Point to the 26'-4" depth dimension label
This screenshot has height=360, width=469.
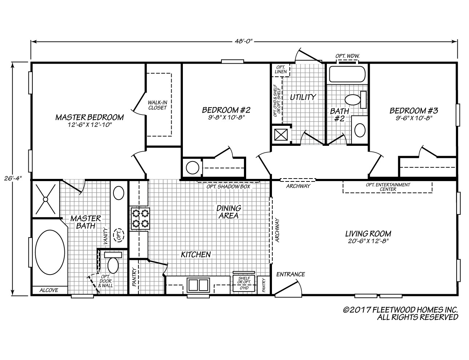coord(13,179)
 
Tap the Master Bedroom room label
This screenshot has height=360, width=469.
coord(89,117)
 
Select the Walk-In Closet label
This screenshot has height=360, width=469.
coord(157,105)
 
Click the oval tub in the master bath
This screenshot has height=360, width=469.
coord(50,252)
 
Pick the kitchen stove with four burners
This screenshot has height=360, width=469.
coord(140,219)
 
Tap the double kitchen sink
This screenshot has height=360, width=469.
coord(198,285)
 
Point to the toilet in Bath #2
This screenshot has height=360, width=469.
coord(356,100)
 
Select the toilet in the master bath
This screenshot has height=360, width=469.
coord(113,263)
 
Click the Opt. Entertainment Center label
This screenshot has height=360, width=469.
coord(388,187)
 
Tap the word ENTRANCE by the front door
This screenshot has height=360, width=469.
coord(290,274)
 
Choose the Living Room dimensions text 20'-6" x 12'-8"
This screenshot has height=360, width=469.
coord(368,241)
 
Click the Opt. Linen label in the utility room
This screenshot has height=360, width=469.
coord(281,69)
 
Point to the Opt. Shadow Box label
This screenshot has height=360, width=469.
coord(228,187)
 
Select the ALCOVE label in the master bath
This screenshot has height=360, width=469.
coord(49,290)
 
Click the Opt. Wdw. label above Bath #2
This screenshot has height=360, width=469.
coord(347,56)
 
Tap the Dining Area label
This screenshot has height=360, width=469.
coord(229,212)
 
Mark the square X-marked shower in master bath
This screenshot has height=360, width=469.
coord(45,199)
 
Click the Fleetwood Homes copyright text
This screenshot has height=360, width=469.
coord(400,313)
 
